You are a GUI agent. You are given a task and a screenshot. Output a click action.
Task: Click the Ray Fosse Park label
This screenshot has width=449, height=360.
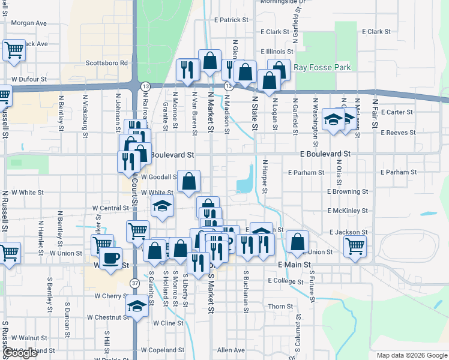click(x=322, y=68)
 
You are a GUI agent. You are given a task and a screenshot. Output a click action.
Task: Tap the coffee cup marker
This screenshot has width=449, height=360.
click(x=109, y=259)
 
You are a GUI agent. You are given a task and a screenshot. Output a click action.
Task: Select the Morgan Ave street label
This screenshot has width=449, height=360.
click(x=29, y=23)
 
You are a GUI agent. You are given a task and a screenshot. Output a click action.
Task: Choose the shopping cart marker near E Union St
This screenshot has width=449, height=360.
click(x=355, y=245)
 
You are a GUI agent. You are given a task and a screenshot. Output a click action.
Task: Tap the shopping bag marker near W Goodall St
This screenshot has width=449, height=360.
click(x=188, y=182)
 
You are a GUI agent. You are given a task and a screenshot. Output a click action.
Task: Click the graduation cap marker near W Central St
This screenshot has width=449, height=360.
click(x=162, y=206)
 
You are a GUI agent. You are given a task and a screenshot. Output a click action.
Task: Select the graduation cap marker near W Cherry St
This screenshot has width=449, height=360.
click(x=137, y=306)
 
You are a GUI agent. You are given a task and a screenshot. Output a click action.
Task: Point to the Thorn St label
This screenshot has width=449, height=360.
click(x=280, y=307)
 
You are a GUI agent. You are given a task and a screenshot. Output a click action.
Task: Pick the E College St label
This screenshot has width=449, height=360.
click(x=286, y=281)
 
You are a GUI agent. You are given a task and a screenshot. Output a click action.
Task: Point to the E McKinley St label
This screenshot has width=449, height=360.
click(x=348, y=211)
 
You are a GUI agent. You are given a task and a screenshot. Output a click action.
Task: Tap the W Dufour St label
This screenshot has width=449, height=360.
click(x=29, y=79)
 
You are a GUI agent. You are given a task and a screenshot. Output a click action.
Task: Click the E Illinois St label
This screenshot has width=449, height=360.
click(x=277, y=52)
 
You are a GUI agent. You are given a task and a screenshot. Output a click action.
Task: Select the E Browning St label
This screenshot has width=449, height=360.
click(x=348, y=192)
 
